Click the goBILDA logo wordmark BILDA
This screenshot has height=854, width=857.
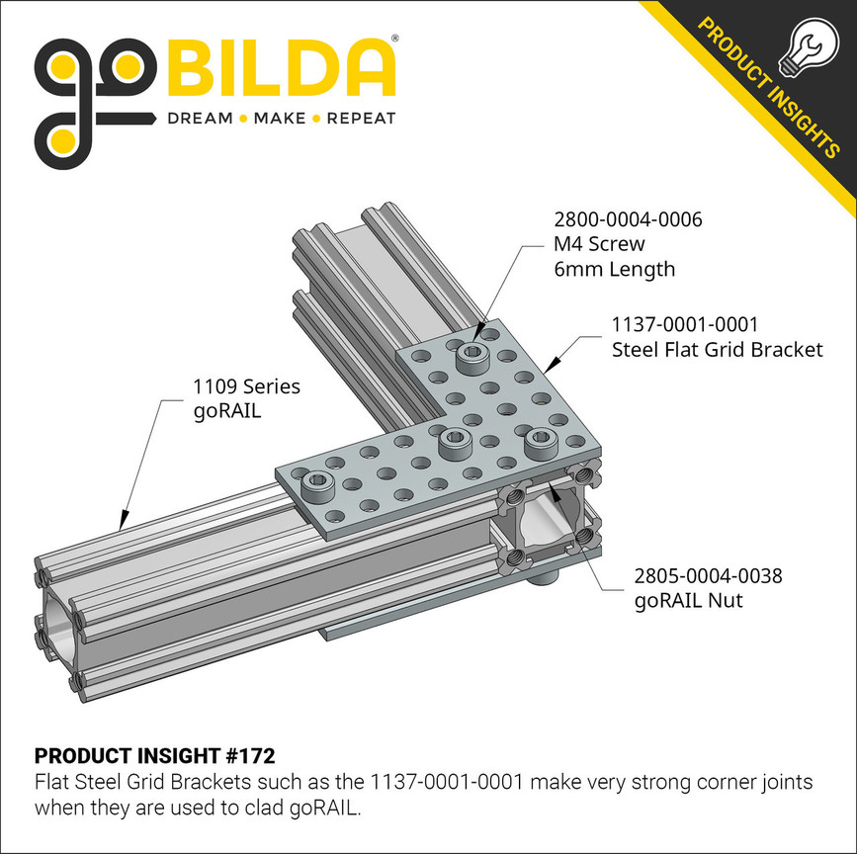pos(282,68)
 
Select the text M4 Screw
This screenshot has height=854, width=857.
pos(598,244)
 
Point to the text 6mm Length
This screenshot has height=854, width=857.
pos(613,269)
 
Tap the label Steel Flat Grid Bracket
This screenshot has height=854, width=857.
pos(717,349)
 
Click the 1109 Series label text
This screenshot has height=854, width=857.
pos(246,385)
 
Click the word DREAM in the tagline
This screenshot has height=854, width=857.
pos(200,119)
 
